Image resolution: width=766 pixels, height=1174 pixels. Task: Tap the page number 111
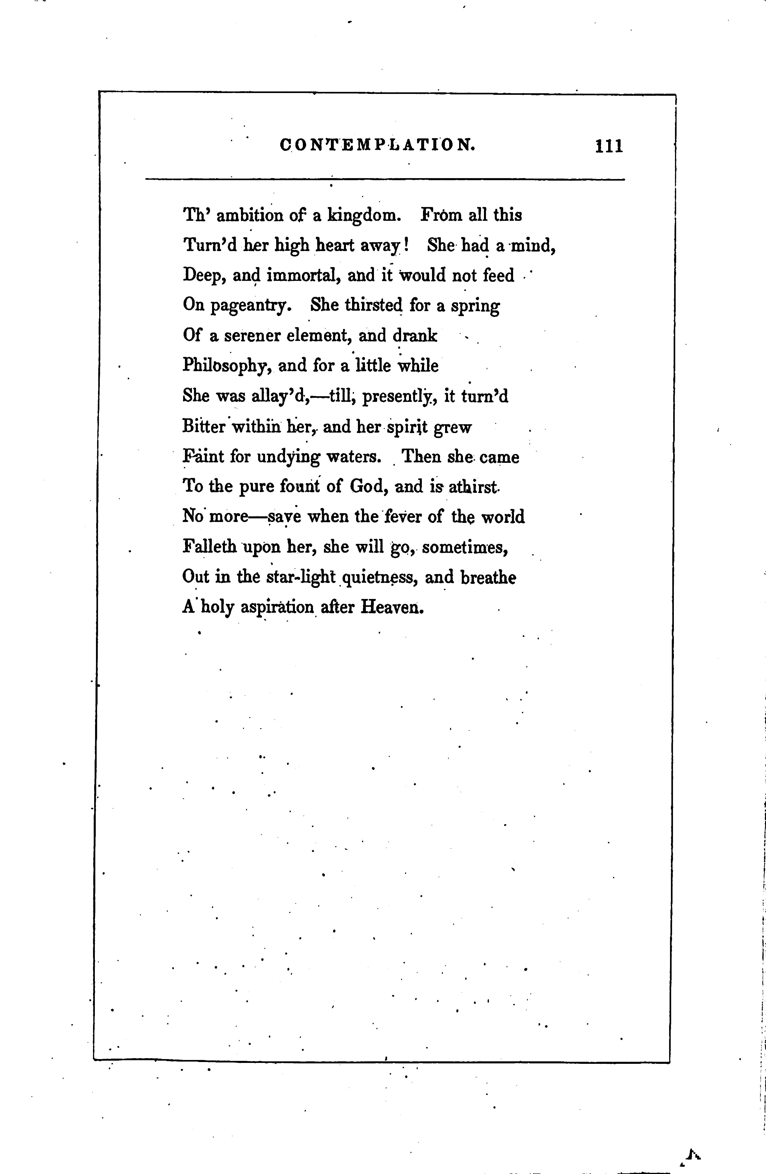pyautogui.click(x=610, y=147)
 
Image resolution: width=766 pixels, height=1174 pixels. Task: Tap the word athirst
pyautogui.click(x=473, y=486)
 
